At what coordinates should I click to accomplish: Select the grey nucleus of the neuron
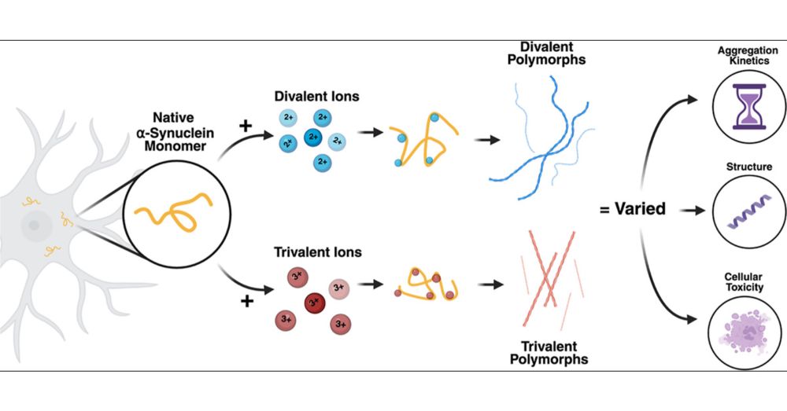(34, 226)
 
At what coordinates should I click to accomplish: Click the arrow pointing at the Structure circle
(690, 211)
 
